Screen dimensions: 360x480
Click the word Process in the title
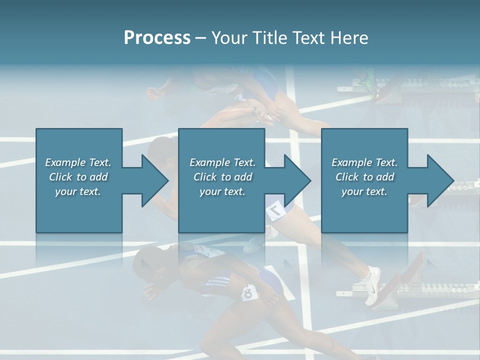tap(157, 38)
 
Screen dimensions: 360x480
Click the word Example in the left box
tap(65, 162)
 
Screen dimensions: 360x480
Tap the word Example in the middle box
tap(209, 162)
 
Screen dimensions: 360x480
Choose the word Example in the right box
tap(351, 162)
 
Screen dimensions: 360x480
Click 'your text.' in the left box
tap(78, 191)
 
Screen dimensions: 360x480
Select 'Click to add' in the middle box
tap(222, 177)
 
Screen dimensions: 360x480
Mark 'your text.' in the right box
tap(364, 191)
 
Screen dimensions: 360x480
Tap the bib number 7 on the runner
tap(275, 211)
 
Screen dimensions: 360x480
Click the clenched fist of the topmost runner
tap(152, 92)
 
